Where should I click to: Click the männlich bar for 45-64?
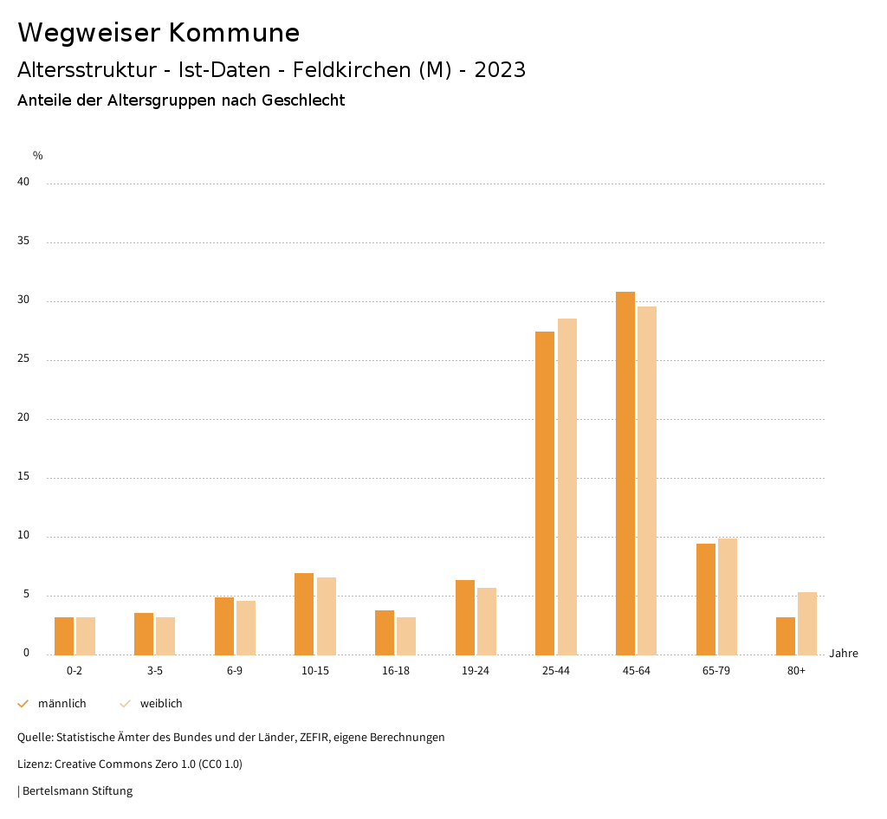point(625,473)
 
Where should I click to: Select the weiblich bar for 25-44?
point(567,487)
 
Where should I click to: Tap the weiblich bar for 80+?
point(807,623)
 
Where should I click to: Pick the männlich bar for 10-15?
point(304,614)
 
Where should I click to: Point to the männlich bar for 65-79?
point(705,599)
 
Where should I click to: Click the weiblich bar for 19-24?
point(487,621)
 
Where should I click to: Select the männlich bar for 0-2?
point(64,635)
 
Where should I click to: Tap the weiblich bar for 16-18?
point(406,635)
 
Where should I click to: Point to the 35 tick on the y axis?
point(23,242)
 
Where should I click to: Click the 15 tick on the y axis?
point(23,477)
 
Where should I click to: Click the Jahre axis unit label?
point(843,654)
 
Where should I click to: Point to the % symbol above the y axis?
point(38,156)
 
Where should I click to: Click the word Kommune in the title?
point(234,33)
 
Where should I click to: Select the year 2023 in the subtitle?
point(500,70)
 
